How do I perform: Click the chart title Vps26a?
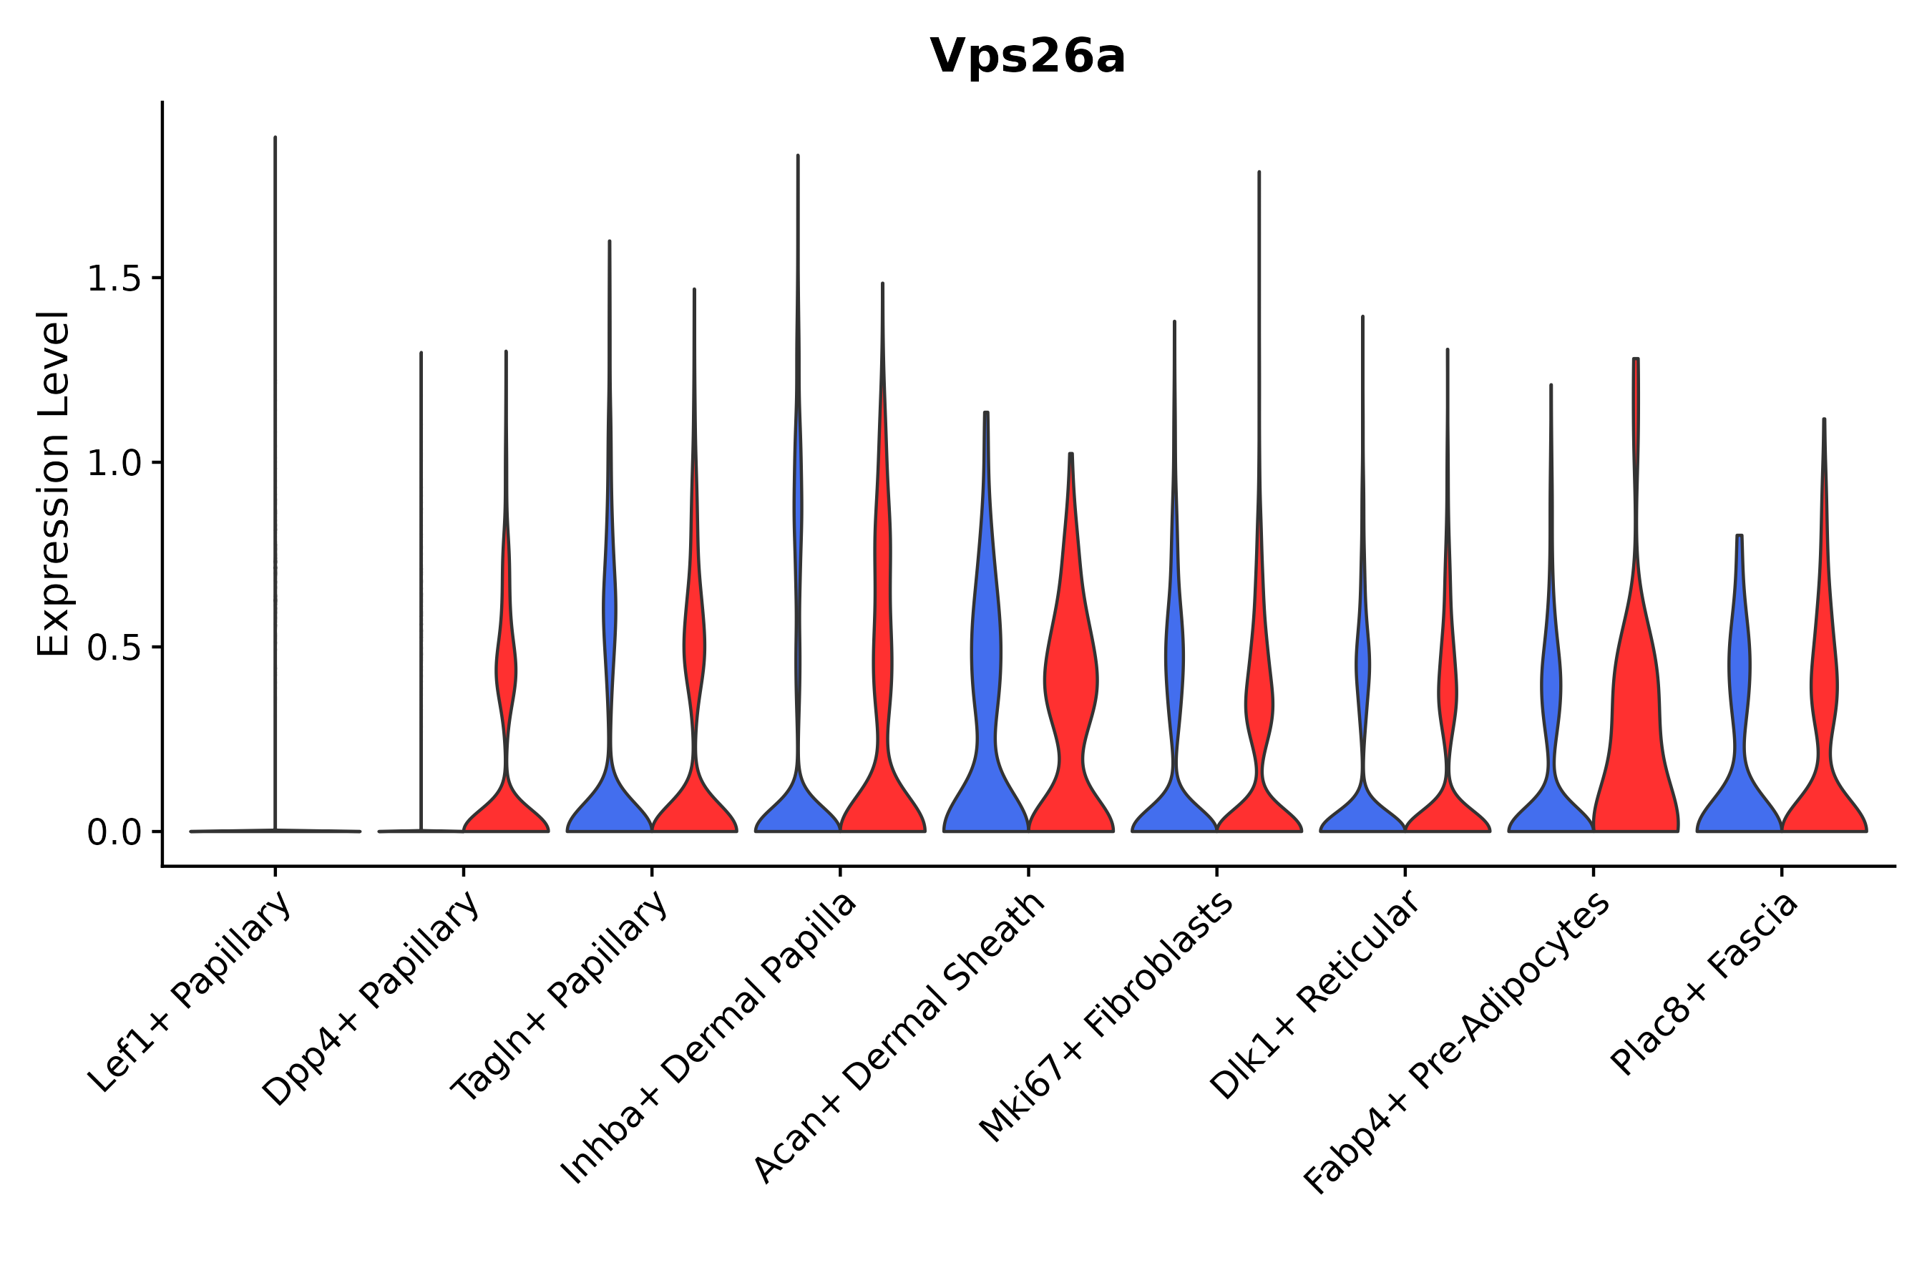point(1027,57)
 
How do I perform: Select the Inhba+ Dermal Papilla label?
point(710,1038)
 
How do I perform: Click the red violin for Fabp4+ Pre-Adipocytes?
point(1634,739)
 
